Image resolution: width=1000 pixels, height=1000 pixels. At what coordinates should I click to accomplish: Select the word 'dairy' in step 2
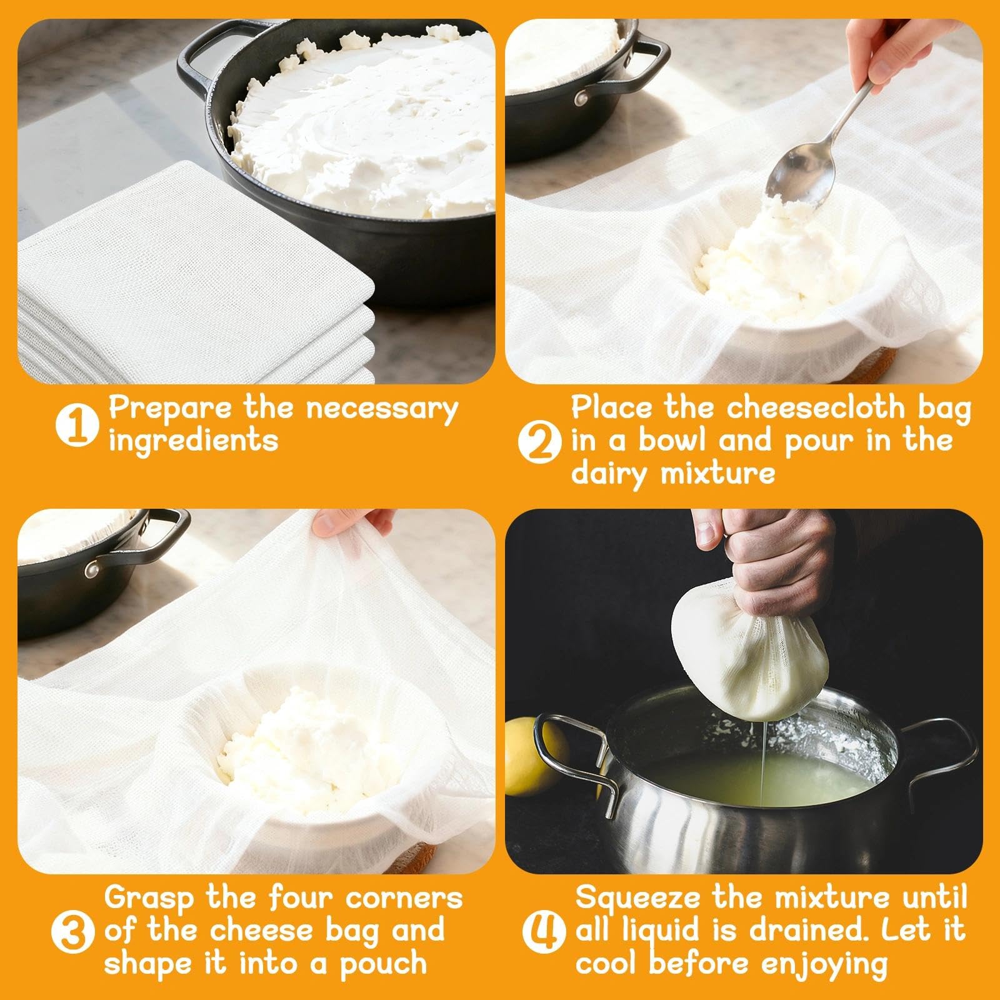coord(602,474)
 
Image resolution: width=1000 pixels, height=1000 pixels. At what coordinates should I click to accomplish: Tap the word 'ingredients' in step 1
coord(194,441)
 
